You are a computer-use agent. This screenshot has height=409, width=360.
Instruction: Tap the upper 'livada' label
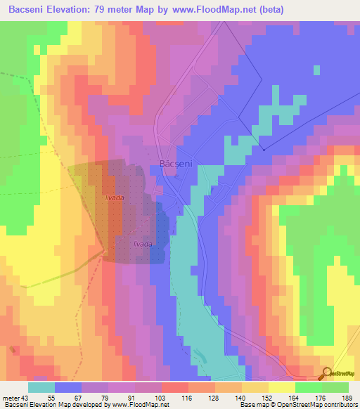click(115, 199)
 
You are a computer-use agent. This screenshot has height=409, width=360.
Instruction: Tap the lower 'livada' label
click(143, 243)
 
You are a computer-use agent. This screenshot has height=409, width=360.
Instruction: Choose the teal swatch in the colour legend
click(41, 387)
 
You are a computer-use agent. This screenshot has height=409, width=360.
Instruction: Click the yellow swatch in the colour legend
click(282, 387)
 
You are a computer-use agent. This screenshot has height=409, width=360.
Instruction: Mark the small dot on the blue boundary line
click(262, 149)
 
